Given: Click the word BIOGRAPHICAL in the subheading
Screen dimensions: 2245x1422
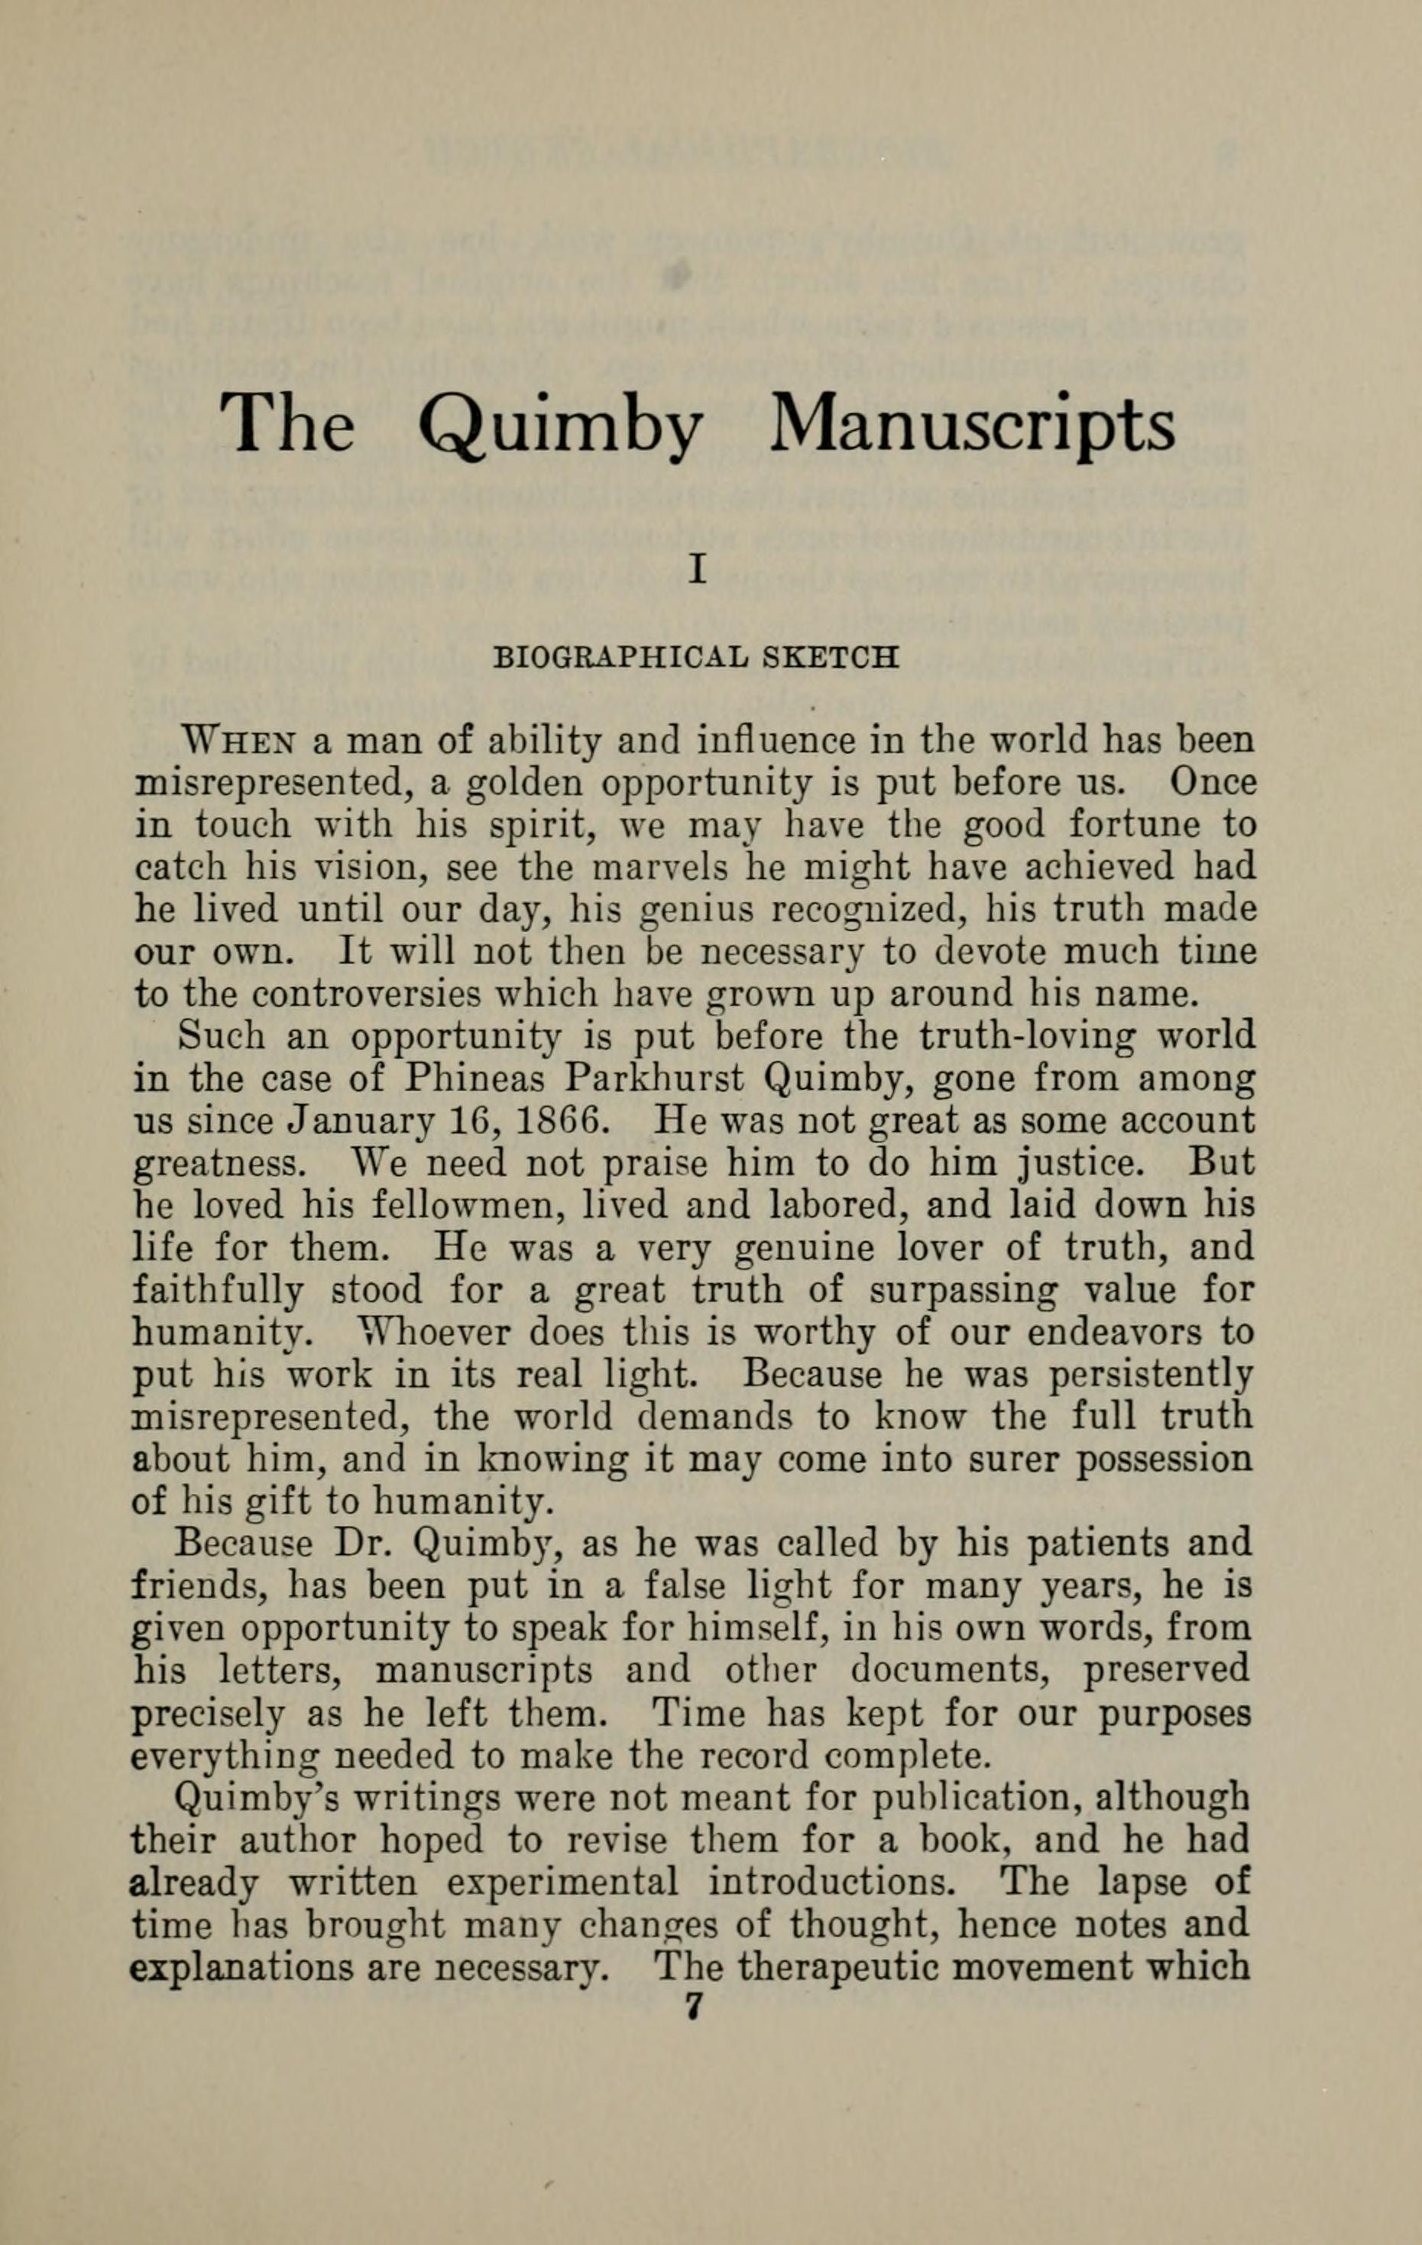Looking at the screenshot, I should coord(619,657).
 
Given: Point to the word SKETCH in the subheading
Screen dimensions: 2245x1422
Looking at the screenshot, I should coord(831,657).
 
